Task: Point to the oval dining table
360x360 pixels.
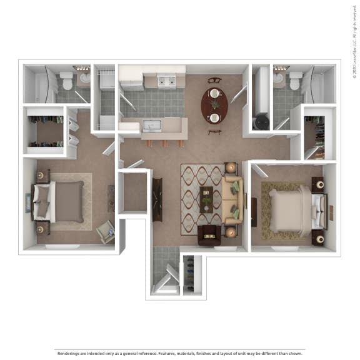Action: point(214,106)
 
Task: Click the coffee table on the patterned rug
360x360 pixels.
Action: point(206,199)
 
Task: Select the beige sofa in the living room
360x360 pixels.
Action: point(233,199)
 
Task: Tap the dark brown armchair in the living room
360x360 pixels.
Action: point(207,235)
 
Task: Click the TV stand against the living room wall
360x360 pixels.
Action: point(157,199)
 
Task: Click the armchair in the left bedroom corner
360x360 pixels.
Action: point(105,231)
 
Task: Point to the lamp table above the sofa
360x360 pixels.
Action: point(231,167)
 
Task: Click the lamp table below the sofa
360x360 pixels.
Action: point(231,232)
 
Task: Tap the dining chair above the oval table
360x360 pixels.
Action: point(214,80)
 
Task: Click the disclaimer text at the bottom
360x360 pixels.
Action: point(180,353)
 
